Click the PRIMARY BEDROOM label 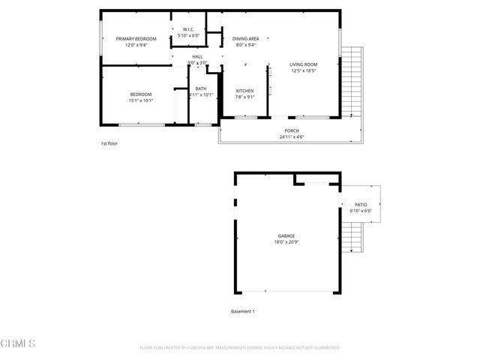(x=136, y=38)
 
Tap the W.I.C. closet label (x=188, y=30)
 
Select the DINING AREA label (x=245, y=38)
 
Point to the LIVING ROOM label (x=304, y=64)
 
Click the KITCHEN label (x=245, y=91)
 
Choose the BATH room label (x=201, y=88)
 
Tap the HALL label (x=197, y=56)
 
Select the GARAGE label (x=286, y=236)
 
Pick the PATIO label (x=361, y=204)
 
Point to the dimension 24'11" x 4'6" (x=290, y=137)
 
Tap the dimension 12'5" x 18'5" (x=304, y=71)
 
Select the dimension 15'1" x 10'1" (x=141, y=100)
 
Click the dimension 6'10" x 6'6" (x=361, y=211)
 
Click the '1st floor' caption (x=109, y=143)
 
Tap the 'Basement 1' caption (x=243, y=311)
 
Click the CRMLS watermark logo (x=19, y=344)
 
